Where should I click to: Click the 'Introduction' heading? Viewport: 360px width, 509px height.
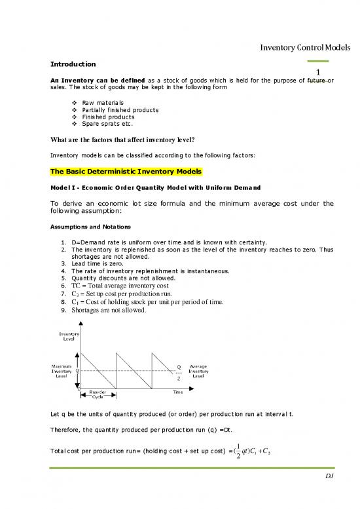(73, 64)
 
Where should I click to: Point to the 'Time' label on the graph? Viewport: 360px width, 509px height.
(178, 392)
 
